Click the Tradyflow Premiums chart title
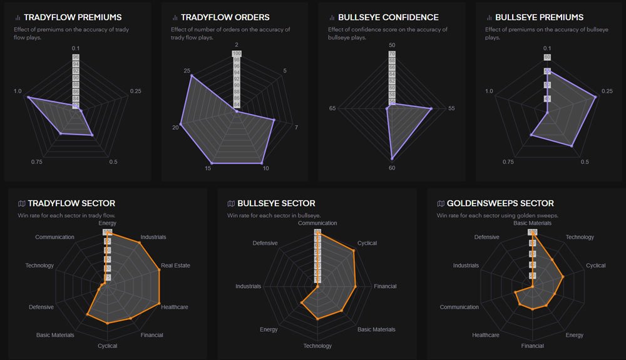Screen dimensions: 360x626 (73, 18)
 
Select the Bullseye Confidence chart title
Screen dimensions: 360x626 (385, 18)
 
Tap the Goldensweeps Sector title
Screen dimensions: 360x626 (500, 203)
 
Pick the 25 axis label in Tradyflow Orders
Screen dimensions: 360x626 (187, 71)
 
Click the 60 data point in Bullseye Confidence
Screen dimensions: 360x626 (392, 159)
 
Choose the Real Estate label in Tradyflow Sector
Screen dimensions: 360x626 (175, 265)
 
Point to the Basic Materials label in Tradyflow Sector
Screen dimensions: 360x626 (55, 335)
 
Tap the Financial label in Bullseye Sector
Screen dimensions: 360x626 (385, 287)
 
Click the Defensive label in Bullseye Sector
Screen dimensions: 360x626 (265, 243)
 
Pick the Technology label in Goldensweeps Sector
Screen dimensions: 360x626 (580, 237)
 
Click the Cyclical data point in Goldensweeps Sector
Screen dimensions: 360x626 (563, 277)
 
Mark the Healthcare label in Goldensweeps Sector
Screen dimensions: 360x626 (486, 335)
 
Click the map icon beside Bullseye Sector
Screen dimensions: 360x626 (231, 203)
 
